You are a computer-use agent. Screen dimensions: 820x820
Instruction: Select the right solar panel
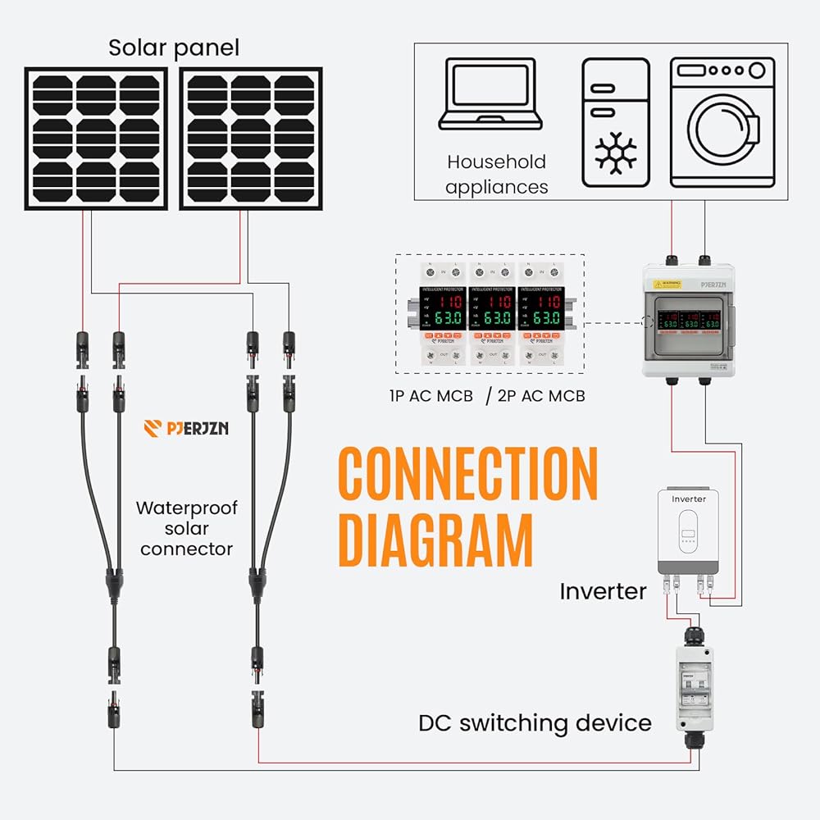(x=251, y=139)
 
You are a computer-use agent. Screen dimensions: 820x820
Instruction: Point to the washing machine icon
(x=722, y=122)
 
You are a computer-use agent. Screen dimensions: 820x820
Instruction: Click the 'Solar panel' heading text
(x=174, y=48)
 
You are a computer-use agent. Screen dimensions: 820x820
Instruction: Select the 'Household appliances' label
(x=496, y=174)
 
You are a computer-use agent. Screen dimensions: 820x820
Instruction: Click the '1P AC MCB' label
(x=431, y=396)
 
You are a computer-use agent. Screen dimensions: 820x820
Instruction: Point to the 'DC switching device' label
(x=535, y=723)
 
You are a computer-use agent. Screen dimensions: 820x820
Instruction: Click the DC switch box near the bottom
(x=694, y=689)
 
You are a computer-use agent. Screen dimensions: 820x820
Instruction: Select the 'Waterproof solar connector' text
(x=186, y=528)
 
